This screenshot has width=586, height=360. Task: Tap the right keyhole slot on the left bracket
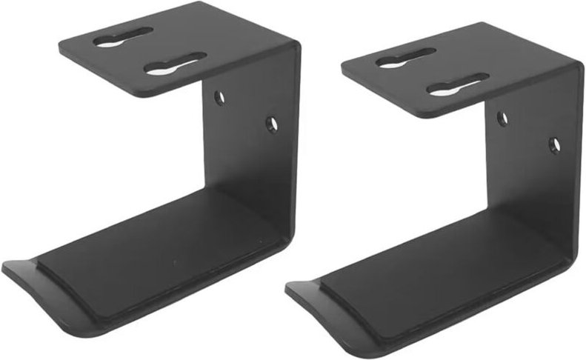coord(175,64)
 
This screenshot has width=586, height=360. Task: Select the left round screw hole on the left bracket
coord(219,97)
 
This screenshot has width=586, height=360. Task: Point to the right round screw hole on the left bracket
coord(272,124)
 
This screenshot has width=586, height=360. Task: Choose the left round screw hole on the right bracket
coord(502,118)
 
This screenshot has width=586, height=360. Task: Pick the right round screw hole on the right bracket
coord(554,144)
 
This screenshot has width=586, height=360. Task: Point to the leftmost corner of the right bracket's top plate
coord(343,68)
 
